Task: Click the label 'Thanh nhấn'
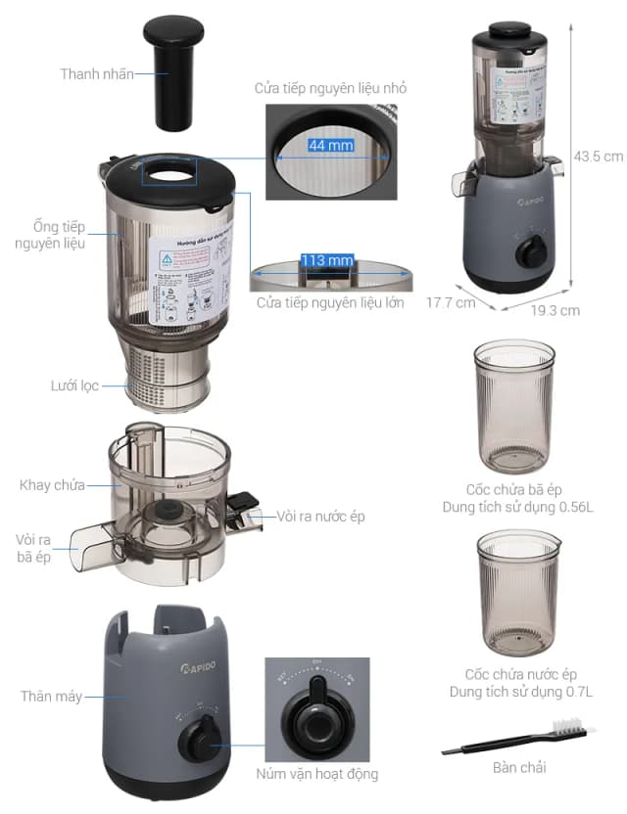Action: (97, 73)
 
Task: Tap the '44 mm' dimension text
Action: (330, 145)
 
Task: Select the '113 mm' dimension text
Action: (327, 260)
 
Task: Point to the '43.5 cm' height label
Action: (598, 156)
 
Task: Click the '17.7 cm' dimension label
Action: (450, 302)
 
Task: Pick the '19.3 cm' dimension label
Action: (555, 310)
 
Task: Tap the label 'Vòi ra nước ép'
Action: (320, 516)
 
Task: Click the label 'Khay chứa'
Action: (52, 485)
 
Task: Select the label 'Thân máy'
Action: (51, 697)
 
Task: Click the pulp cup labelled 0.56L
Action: (513, 406)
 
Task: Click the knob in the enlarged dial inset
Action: (314, 718)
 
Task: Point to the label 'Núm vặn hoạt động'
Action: (315, 774)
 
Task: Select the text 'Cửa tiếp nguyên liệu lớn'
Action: (330, 302)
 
